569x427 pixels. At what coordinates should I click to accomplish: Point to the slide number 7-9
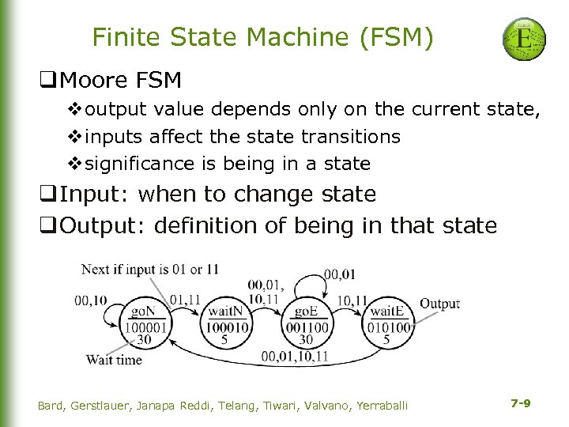click(x=520, y=403)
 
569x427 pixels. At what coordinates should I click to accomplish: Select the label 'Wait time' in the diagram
click(x=114, y=360)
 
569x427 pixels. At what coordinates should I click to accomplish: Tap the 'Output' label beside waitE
click(x=439, y=304)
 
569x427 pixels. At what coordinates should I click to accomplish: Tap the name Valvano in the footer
click(x=322, y=405)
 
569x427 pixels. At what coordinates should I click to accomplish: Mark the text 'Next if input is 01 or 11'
click(x=150, y=270)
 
